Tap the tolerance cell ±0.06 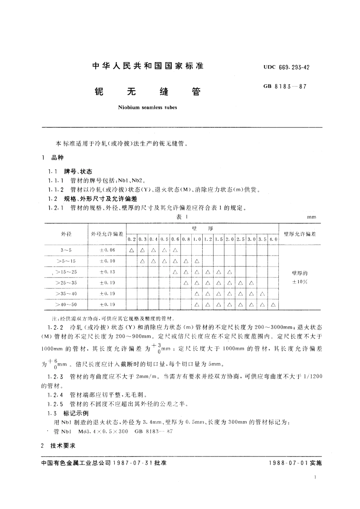point(107,250)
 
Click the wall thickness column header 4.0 point(273,239)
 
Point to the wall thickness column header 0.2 point(131,239)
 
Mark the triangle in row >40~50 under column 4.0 point(273,305)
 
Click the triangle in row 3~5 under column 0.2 point(131,250)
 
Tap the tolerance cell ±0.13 point(107,272)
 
